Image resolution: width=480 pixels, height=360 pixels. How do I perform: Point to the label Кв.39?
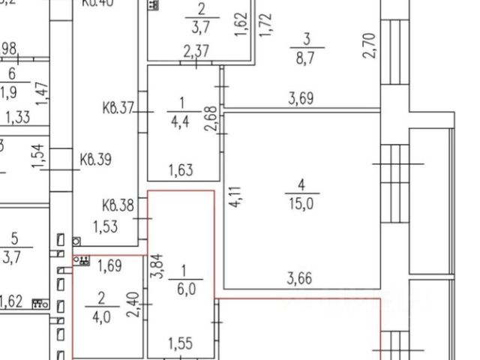click(x=95, y=160)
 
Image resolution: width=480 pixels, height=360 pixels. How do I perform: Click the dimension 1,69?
click(x=109, y=265)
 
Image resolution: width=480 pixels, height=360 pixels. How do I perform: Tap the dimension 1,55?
click(x=181, y=344)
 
